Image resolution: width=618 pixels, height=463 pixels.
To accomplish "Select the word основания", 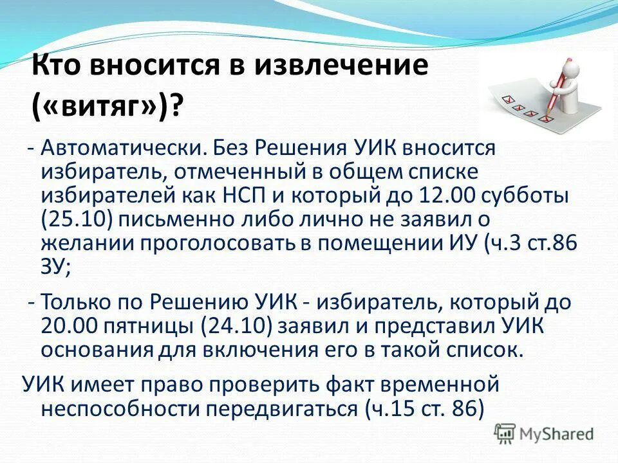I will point(96,349).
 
